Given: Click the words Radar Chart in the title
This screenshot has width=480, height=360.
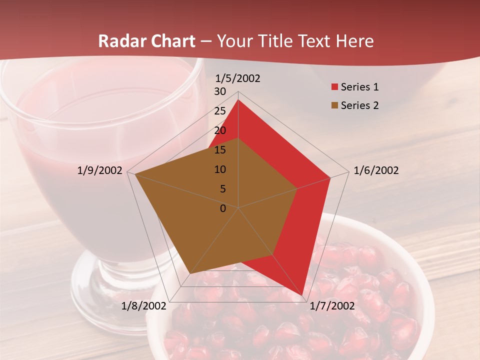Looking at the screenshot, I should tap(146, 41).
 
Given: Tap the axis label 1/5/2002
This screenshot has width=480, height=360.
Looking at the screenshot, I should tap(238, 78).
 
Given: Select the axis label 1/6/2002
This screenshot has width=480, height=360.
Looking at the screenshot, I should tap(376, 170).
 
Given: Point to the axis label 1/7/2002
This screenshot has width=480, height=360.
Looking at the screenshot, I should tap(332, 306).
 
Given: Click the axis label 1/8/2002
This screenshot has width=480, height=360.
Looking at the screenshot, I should tap(143, 306).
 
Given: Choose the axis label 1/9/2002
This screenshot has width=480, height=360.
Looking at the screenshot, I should tap(99, 170).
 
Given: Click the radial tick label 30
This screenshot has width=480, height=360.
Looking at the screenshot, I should tap(220, 91).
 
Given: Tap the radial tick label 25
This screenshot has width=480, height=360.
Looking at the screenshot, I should tap(220, 111).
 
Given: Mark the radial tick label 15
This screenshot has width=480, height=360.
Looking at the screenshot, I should tap(220, 150).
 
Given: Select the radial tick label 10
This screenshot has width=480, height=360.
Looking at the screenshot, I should tap(220, 169).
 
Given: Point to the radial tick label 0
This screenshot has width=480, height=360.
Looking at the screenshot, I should tap(223, 208).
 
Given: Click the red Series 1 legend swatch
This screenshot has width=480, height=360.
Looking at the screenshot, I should tap(334, 87).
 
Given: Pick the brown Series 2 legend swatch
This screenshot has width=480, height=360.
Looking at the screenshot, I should tap(334, 106).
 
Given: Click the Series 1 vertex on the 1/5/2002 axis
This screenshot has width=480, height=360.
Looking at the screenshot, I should tap(238, 99).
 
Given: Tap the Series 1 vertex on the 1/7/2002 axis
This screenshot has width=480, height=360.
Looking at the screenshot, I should tap(302, 295).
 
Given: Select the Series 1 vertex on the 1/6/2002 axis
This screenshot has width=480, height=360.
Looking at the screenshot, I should tap(330, 177).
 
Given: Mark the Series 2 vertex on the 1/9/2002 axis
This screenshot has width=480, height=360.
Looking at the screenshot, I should tap(135, 174).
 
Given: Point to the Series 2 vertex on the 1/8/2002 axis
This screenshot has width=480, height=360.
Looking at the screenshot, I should tap(190, 273).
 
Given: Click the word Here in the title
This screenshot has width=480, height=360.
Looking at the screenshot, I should tap(354, 41).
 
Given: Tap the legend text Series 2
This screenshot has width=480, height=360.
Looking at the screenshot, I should tap(359, 105).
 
